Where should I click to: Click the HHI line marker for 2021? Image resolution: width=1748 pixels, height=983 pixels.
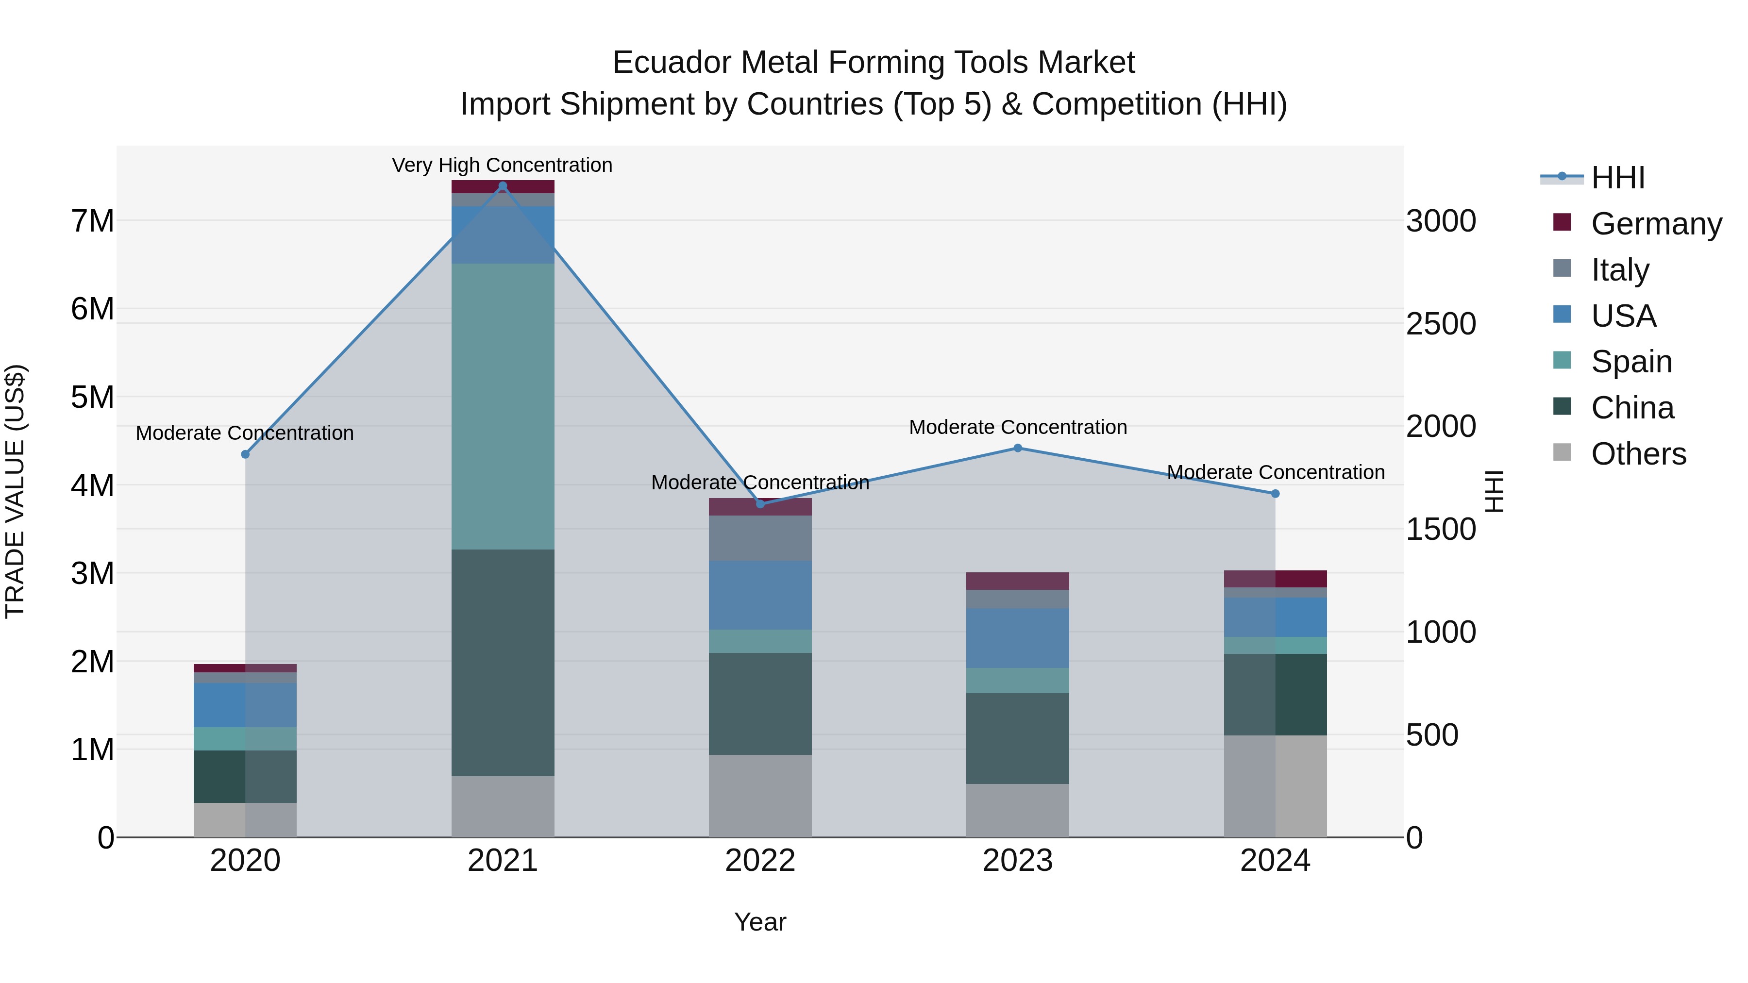point(503,186)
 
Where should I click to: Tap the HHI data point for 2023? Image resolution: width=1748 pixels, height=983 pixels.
point(1017,448)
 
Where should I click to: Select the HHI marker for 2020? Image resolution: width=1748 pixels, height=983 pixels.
point(246,454)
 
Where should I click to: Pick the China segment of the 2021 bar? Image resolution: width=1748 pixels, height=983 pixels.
point(503,662)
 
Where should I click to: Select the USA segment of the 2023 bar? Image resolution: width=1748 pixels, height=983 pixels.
point(1017,638)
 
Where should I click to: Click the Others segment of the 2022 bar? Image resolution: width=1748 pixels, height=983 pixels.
point(760,795)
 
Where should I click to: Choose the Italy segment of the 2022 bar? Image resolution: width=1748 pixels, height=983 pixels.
point(760,538)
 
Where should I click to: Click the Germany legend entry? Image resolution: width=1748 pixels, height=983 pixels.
point(1656,224)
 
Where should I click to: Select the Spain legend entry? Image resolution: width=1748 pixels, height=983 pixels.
point(1631,362)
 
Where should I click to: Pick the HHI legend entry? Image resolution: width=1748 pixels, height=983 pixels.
point(1618,178)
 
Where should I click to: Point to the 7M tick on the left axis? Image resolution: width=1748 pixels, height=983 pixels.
point(92,221)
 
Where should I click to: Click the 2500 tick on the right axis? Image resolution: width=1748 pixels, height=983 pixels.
point(1441,324)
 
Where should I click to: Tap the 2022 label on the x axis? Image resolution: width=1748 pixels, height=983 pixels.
point(760,861)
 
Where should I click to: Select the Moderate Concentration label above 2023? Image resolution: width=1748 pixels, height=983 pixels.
point(1018,427)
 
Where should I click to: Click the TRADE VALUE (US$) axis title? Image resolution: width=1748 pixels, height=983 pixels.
point(16,491)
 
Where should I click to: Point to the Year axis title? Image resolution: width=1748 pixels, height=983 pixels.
point(760,922)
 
